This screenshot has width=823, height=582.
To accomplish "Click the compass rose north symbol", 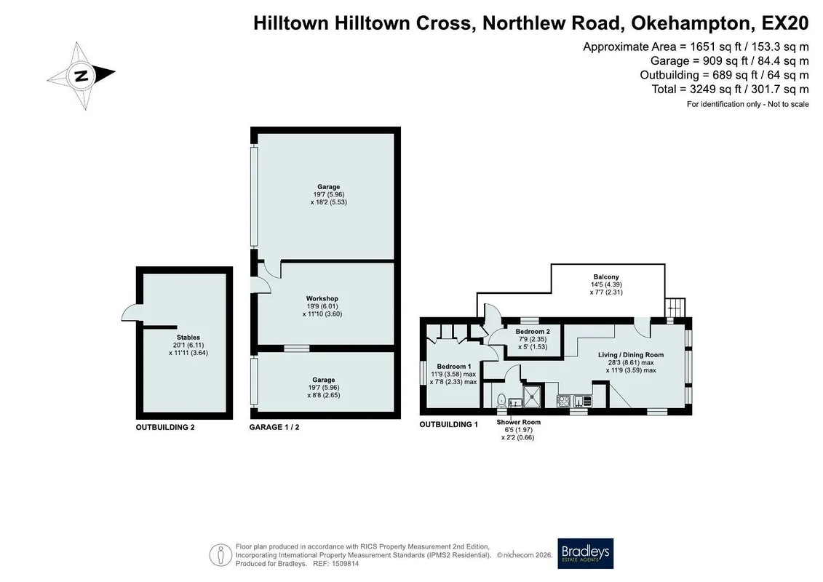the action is click(x=81, y=76).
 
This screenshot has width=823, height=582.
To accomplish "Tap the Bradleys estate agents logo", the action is click(x=585, y=553).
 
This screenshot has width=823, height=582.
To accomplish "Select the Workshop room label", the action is click(x=322, y=298).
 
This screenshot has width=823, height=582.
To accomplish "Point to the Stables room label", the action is click(x=188, y=338).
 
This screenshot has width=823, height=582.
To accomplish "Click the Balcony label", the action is click(x=606, y=276).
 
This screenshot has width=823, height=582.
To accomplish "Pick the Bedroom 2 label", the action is click(x=533, y=332).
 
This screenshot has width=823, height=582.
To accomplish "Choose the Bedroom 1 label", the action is click(x=454, y=367).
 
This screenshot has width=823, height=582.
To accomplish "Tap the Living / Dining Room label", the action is click(x=631, y=355).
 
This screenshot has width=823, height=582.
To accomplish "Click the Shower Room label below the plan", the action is click(x=519, y=422).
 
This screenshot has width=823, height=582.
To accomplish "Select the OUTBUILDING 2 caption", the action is click(x=165, y=427).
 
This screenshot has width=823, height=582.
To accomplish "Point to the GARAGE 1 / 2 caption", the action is click(x=274, y=427).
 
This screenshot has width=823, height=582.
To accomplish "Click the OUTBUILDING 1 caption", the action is click(x=449, y=424).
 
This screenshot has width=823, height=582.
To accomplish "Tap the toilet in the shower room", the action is click(x=502, y=401).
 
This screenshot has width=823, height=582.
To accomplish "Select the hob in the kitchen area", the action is click(x=564, y=402).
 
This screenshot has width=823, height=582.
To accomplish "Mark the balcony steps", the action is click(x=675, y=307).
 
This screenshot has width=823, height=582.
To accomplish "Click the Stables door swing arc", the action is click(x=131, y=312).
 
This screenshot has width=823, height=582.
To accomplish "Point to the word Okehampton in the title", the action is click(x=692, y=23).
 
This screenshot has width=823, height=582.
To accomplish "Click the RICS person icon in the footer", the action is click(x=220, y=554).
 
